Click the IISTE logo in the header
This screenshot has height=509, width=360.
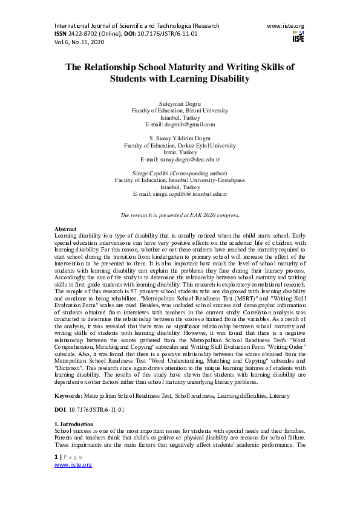coord(298,36)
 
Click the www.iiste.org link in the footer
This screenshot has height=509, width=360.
coord(73,465)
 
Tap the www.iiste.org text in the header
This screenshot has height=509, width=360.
coord(285,26)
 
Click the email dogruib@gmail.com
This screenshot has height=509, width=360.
coord(180,125)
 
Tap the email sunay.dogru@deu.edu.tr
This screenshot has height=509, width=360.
coord(180,159)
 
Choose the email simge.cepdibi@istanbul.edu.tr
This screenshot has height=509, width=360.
coord(180,193)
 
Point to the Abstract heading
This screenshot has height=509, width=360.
coord(65,229)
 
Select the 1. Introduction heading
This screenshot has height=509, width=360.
coord(74,424)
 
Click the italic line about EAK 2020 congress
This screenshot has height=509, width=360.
coord(180,215)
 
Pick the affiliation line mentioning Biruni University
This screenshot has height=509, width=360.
coord(180,111)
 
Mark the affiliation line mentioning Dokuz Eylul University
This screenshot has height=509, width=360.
coord(180,146)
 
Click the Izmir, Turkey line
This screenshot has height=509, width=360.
coord(180,152)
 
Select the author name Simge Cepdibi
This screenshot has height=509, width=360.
coord(158,173)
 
